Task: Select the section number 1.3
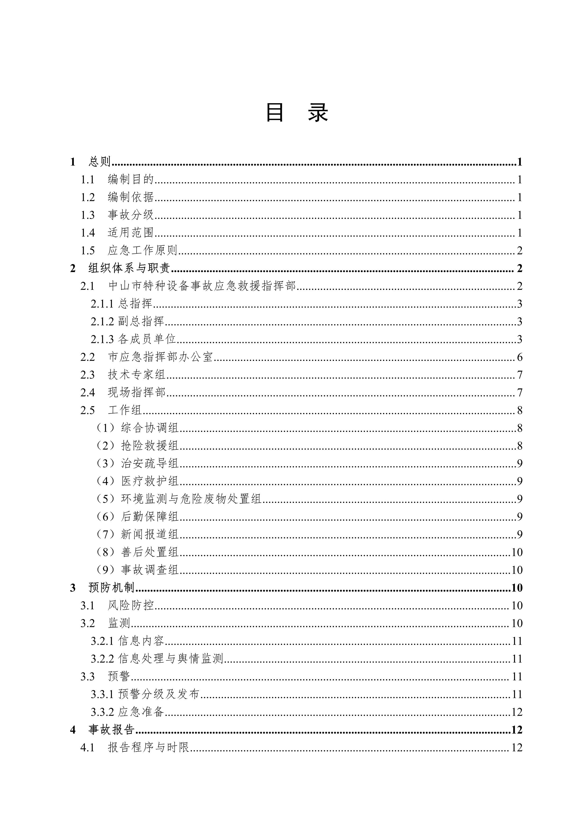click(x=88, y=215)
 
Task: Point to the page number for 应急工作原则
click(x=519, y=251)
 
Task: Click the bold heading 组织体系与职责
click(x=129, y=268)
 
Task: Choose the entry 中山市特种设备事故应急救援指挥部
click(x=202, y=286)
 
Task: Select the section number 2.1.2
click(x=102, y=321)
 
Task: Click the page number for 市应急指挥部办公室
click(x=519, y=357)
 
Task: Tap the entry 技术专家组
click(x=137, y=375)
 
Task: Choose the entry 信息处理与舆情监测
click(x=171, y=659)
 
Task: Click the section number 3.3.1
click(x=102, y=694)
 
